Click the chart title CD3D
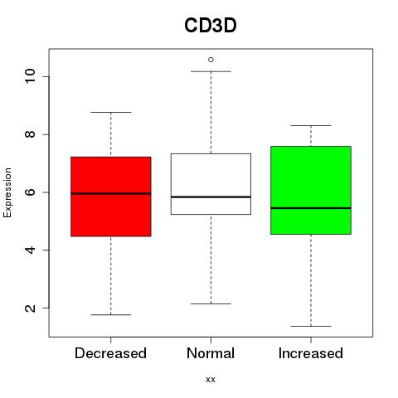coord(211,26)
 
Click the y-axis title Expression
coord(7,192)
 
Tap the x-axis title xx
coord(211,379)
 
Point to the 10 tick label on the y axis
coord(30,76)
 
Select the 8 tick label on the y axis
coord(30,134)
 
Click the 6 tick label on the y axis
coord(30,192)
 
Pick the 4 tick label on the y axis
coord(30,250)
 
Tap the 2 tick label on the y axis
coord(30,308)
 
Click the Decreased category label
coord(110,353)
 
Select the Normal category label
coord(211,353)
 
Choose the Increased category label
coord(311,353)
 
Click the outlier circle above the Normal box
coord(211,60)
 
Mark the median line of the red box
coord(111,193)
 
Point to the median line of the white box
coord(211,197)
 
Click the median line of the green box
coord(311,208)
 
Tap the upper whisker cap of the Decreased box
coord(111,112)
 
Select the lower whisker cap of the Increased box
coord(311,326)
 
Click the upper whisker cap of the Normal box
coord(211,71)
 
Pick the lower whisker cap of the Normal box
coord(211,303)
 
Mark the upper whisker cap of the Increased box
coord(311,125)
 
